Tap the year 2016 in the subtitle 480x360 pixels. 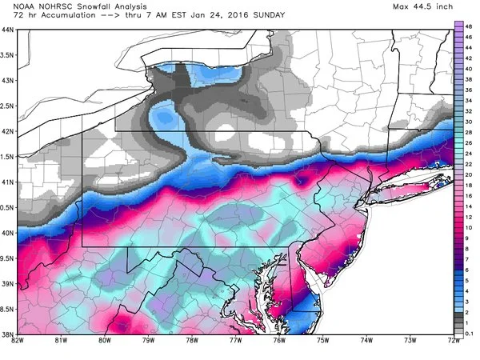click(216, 17)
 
